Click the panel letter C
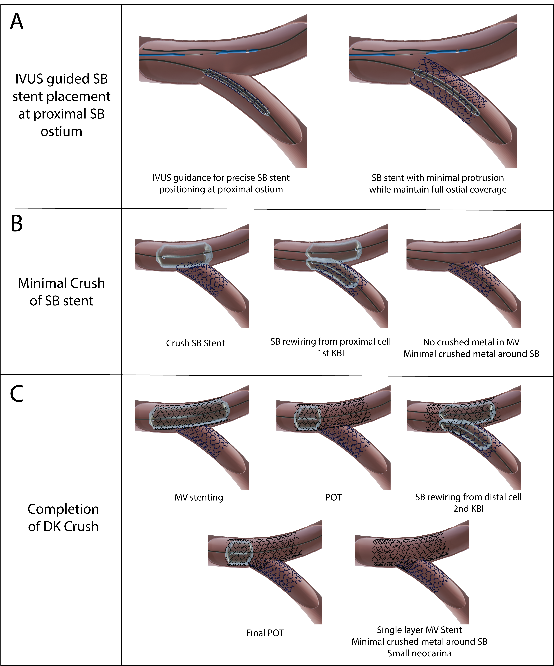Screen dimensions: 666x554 (x=17, y=394)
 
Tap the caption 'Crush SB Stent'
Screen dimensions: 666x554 (x=195, y=343)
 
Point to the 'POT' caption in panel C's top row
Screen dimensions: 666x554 (x=333, y=497)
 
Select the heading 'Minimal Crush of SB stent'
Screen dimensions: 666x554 (x=61, y=292)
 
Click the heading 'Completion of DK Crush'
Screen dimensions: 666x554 (x=63, y=518)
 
